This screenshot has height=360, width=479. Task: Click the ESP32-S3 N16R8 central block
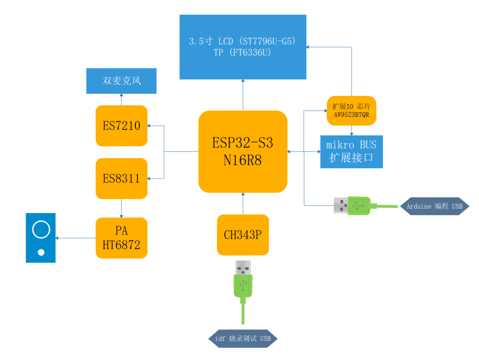[243, 151]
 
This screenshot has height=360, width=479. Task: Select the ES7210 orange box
[122, 126]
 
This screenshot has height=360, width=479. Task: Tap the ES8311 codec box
[122, 178]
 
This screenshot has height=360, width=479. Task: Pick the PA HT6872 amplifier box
[122, 238]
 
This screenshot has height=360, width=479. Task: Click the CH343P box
[243, 235]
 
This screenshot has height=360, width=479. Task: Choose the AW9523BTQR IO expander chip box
[351, 111]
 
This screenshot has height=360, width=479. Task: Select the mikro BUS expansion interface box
[351, 152]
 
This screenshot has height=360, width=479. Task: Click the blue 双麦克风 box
[121, 81]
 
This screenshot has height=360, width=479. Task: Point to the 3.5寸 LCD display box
[243, 47]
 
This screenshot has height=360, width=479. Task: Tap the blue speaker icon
[41, 238]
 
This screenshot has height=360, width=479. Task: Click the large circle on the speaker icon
[41, 229]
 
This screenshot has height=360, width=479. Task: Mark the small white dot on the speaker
[41, 253]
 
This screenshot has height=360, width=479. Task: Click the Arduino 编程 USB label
[434, 206]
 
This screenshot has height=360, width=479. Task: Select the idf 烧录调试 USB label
[243, 339]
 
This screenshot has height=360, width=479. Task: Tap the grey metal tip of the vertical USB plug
[243, 267]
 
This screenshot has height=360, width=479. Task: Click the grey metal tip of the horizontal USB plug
[341, 205]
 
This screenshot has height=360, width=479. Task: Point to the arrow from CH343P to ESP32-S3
[243, 203]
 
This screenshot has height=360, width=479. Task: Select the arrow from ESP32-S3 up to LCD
[243, 95]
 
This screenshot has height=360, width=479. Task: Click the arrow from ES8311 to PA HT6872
[122, 208]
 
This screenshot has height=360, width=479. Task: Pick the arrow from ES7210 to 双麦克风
[122, 99]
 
